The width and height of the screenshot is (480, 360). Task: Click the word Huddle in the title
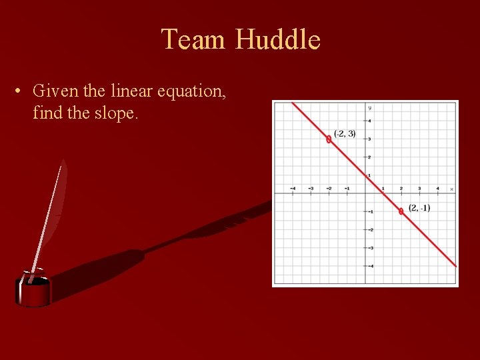(x=277, y=39)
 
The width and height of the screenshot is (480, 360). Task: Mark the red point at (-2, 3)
(x=329, y=139)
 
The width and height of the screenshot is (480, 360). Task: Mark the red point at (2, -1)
(x=401, y=211)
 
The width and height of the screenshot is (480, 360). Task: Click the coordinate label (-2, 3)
(x=345, y=134)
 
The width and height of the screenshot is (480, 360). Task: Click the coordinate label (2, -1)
(x=419, y=208)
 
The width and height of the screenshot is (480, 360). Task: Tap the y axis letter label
(x=369, y=108)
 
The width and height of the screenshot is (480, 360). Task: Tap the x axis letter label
(x=451, y=189)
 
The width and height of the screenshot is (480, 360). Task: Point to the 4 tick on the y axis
(x=369, y=121)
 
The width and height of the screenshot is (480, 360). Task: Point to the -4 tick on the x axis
(x=293, y=189)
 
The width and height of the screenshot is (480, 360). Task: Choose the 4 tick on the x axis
(x=437, y=189)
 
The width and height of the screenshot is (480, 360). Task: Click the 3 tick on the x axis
(x=419, y=189)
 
